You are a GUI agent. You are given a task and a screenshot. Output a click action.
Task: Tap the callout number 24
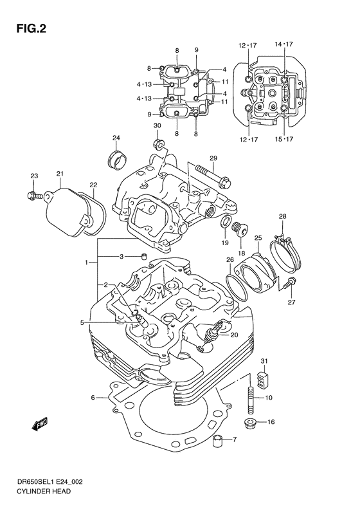click(116, 138)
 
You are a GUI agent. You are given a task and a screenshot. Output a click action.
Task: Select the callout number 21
click(60, 174)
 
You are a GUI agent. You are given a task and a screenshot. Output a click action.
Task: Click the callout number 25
click(257, 238)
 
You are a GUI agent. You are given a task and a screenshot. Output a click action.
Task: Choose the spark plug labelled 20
click(213, 334)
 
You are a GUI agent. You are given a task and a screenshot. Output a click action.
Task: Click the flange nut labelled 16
click(249, 423)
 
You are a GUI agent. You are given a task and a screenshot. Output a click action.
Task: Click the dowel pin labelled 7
click(219, 440)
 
